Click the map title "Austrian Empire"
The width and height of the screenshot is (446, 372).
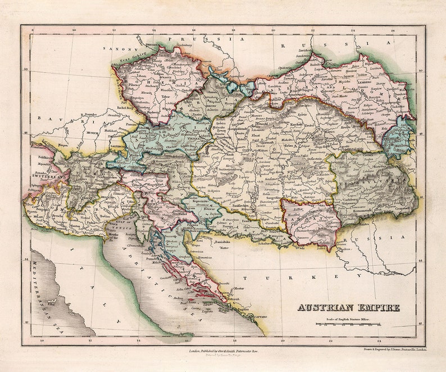pyautogui.click(x=348, y=307)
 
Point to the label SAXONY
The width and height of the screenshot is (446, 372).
pyautogui.click(x=115, y=49)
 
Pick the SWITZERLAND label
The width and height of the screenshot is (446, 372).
pyautogui.click(x=46, y=176)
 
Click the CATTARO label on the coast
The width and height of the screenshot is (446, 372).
pyautogui.click(x=258, y=317)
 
